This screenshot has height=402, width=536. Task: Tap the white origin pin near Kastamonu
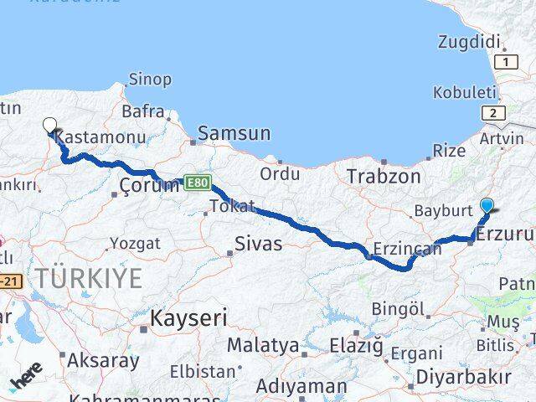50,126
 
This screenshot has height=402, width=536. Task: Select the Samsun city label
234,133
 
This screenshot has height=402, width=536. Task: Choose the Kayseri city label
188,317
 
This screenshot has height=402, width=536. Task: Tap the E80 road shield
198,182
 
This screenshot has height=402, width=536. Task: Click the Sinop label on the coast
150,80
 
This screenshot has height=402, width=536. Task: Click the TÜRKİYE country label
88,279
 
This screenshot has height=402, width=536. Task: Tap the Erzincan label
407,249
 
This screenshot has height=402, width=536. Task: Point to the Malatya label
263,345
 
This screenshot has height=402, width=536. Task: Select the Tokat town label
232,206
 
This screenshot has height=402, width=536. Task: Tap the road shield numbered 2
493,114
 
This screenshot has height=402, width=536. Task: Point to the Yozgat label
134,244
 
